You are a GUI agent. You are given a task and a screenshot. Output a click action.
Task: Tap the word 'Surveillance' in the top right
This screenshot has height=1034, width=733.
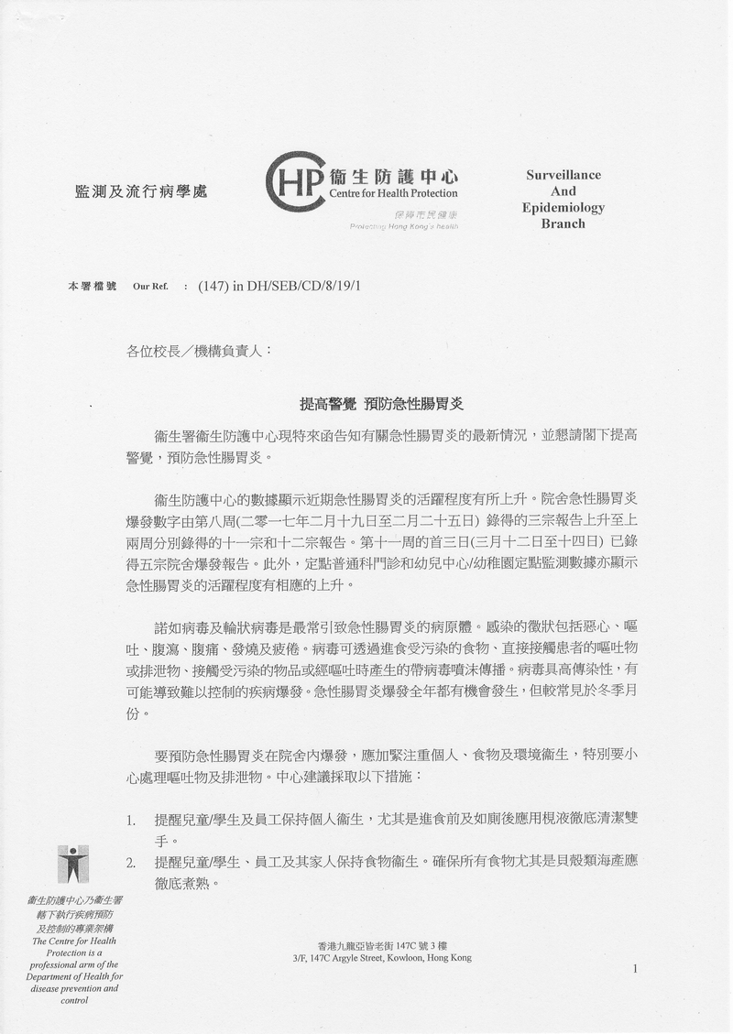[x=563, y=175]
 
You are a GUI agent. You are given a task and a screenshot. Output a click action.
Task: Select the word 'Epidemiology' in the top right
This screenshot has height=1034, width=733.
[x=563, y=207]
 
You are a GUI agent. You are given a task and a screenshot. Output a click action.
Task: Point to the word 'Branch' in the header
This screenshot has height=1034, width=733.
[x=563, y=223]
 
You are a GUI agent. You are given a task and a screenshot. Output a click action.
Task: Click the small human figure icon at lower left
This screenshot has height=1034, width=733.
[x=74, y=865]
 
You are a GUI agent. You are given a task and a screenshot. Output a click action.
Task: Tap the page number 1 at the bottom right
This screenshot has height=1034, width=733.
[x=634, y=969]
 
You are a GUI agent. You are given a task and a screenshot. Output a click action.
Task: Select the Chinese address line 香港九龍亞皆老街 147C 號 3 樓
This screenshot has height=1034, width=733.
[x=382, y=945]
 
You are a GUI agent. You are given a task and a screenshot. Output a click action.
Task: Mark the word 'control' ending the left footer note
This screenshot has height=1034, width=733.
[x=74, y=1000]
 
